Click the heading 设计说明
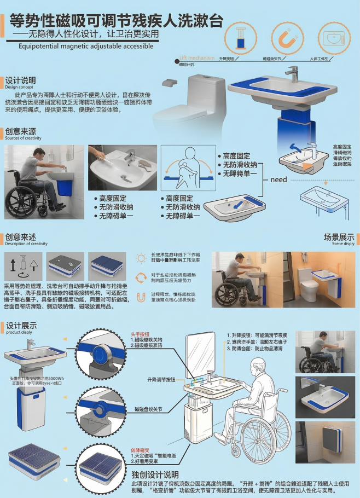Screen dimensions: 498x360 (21, 80)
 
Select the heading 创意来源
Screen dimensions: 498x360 (21, 132)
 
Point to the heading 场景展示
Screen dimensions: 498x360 (339, 238)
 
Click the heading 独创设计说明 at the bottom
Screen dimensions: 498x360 (155, 474)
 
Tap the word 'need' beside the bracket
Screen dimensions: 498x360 (278, 179)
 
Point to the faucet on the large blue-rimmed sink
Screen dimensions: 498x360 (293, 73)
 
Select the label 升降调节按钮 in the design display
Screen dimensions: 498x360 (161, 379)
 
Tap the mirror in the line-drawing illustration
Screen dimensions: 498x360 (200, 355)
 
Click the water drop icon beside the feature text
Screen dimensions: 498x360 (141, 297)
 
